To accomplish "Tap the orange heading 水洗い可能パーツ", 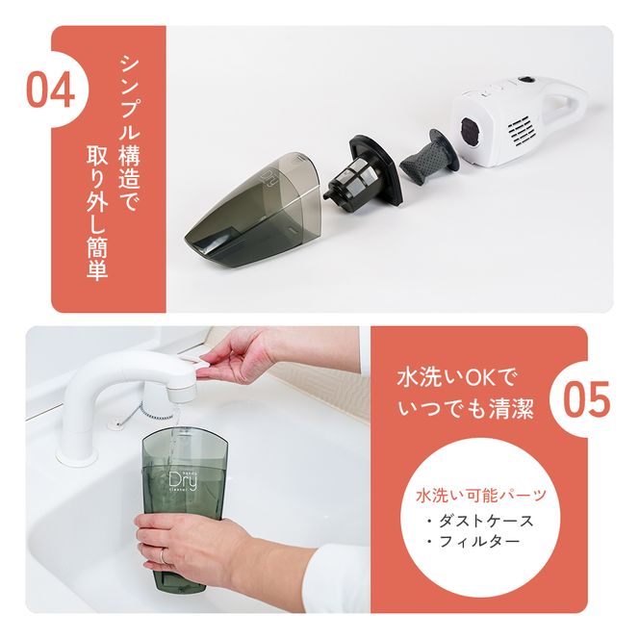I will pyautogui.click(x=481, y=497).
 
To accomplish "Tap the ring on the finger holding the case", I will pyautogui.click(x=164, y=557).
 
